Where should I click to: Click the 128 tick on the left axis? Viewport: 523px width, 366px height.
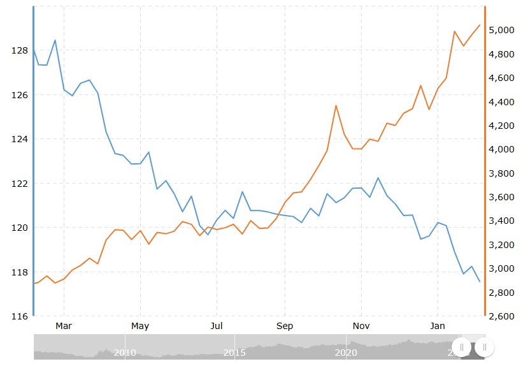[19, 50]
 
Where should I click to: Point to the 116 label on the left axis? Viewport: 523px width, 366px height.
[19, 316]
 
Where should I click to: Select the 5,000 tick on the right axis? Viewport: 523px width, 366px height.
[501, 30]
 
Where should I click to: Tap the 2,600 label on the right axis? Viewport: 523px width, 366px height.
[501, 316]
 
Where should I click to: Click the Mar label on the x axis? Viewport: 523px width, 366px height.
[63, 326]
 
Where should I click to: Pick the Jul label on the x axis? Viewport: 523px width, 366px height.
[216, 326]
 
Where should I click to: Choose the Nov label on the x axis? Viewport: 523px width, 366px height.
[361, 326]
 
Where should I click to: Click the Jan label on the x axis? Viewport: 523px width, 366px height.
[438, 326]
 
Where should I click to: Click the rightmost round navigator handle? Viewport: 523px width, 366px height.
[485, 348]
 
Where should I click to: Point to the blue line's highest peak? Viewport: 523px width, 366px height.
[55, 40]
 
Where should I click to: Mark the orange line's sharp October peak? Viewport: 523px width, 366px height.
[336, 106]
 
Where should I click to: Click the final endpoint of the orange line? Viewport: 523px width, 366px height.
[480, 25]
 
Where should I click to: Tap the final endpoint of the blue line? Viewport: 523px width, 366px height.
[480, 281]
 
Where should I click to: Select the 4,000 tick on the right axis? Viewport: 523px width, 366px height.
[501, 149]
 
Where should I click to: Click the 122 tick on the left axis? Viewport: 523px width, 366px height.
[19, 184]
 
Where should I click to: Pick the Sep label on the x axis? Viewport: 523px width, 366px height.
[285, 326]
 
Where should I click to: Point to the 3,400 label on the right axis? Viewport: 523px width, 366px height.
[501, 221]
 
